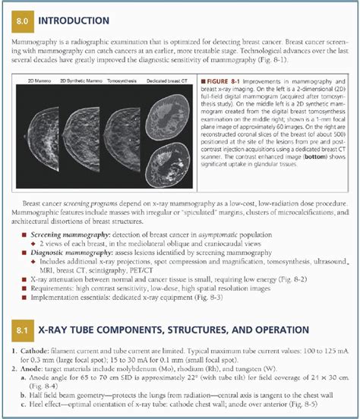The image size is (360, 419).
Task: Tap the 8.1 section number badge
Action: point(24,331)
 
